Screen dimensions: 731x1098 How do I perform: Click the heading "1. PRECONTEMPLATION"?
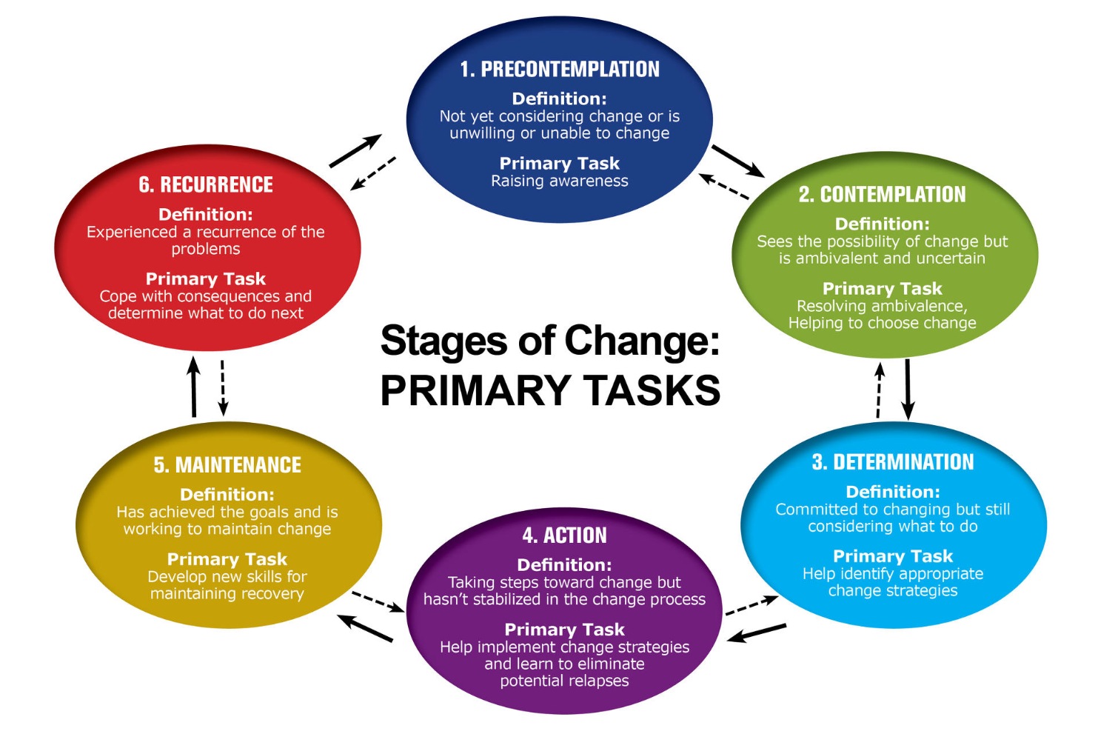[559, 70]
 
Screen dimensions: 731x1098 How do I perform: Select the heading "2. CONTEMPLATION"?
[882, 195]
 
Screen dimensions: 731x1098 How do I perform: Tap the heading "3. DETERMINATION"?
[893, 462]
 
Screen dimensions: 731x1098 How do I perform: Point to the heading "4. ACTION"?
[564, 535]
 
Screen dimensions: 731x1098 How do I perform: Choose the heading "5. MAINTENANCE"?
[227, 465]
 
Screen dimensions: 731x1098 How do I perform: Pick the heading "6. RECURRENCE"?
[206, 185]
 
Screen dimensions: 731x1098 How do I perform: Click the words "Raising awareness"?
[560, 181]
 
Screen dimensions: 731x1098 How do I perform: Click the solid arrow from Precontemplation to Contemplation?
[737, 161]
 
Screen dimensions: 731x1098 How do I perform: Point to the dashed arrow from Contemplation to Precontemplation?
[724, 187]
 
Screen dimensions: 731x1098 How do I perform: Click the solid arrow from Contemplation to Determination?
[908, 389]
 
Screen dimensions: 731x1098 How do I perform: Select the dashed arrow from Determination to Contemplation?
[880, 390]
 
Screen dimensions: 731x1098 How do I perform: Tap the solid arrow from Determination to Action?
[757, 632]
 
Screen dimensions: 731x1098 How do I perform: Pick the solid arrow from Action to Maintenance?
[366, 628]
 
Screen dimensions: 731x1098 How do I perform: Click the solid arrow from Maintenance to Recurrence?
[194, 387]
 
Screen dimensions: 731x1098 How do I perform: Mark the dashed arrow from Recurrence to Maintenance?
[223, 387]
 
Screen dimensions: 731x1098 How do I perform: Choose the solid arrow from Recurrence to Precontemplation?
[355, 150]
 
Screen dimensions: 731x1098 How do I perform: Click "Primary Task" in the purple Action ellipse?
[564, 630]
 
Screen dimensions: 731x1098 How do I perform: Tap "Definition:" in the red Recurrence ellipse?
[206, 215]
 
